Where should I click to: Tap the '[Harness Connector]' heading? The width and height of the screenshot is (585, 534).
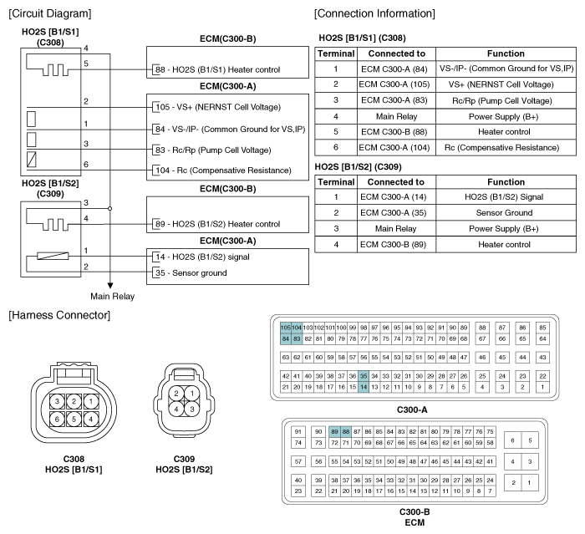(55, 314)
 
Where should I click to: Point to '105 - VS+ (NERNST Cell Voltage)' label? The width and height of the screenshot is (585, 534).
(217, 107)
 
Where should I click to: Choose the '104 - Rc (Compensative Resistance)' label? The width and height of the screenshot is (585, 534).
(221, 170)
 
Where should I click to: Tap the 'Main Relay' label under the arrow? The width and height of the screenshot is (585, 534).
(112, 296)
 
